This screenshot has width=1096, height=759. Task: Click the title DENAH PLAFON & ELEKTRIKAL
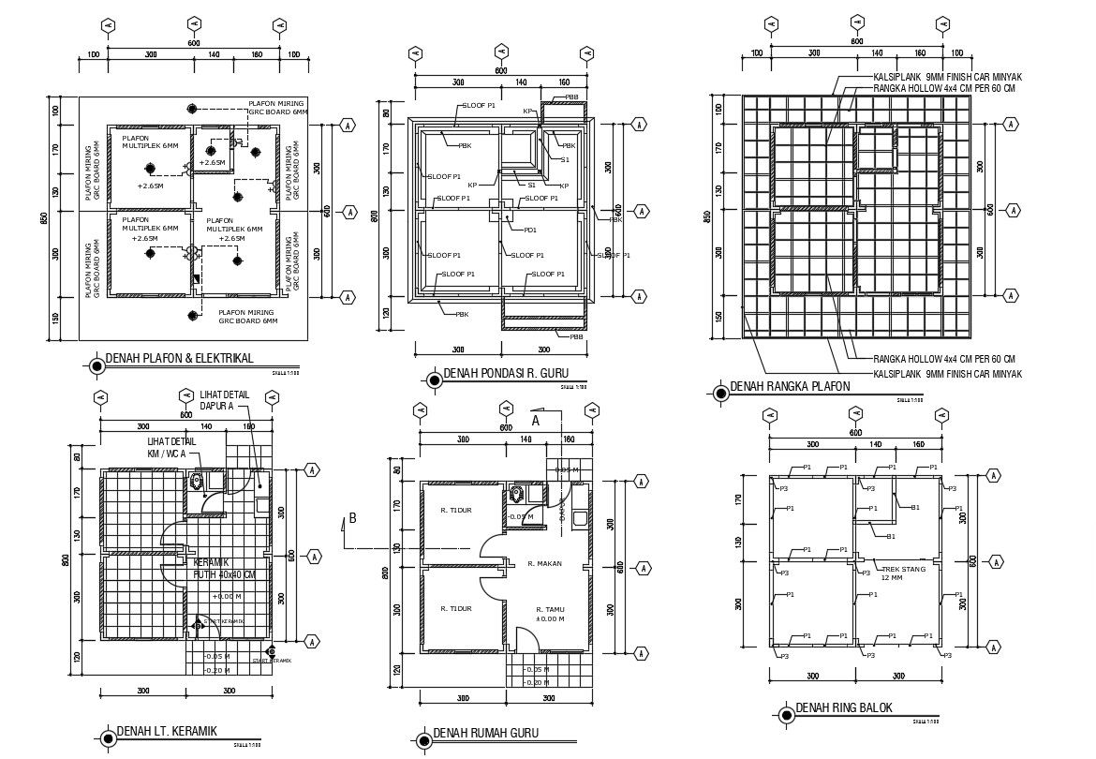click(x=179, y=358)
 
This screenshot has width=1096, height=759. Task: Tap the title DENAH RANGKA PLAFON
click(x=790, y=386)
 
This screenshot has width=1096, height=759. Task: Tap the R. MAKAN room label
click(x=543, y=564)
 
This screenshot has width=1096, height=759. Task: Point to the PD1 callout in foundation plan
click(x=530, y=230)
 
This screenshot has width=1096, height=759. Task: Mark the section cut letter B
click(x=352, y=517)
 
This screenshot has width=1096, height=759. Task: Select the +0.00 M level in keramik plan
click(x=226, y=596)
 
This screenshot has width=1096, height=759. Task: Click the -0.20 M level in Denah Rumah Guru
click(x=537, y=682)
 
